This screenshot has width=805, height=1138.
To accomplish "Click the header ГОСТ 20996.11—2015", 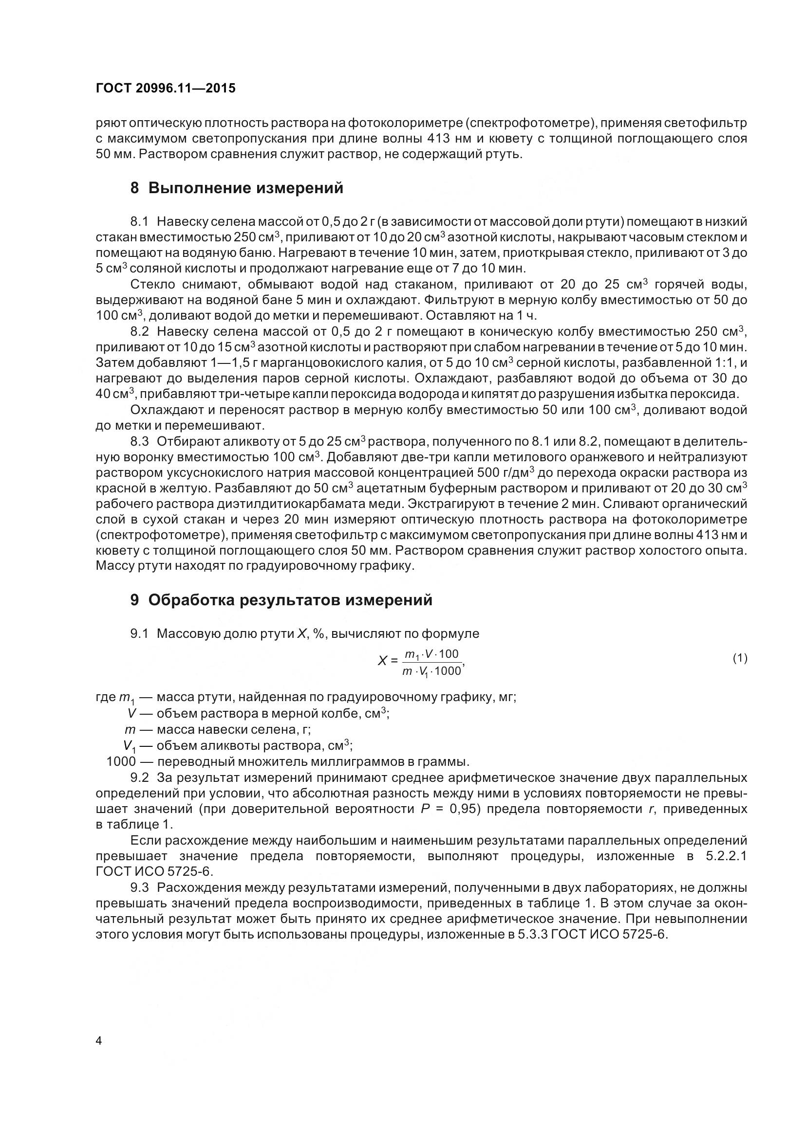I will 166,88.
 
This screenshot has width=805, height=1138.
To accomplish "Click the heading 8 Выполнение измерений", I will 237,188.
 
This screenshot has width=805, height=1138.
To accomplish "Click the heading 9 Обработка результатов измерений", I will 281,600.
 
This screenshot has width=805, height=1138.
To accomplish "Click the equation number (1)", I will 740,659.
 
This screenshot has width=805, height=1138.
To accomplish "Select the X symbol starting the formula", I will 382,661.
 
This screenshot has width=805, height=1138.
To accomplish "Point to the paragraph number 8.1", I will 139,221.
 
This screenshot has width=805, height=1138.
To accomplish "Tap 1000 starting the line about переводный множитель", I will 121,761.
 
